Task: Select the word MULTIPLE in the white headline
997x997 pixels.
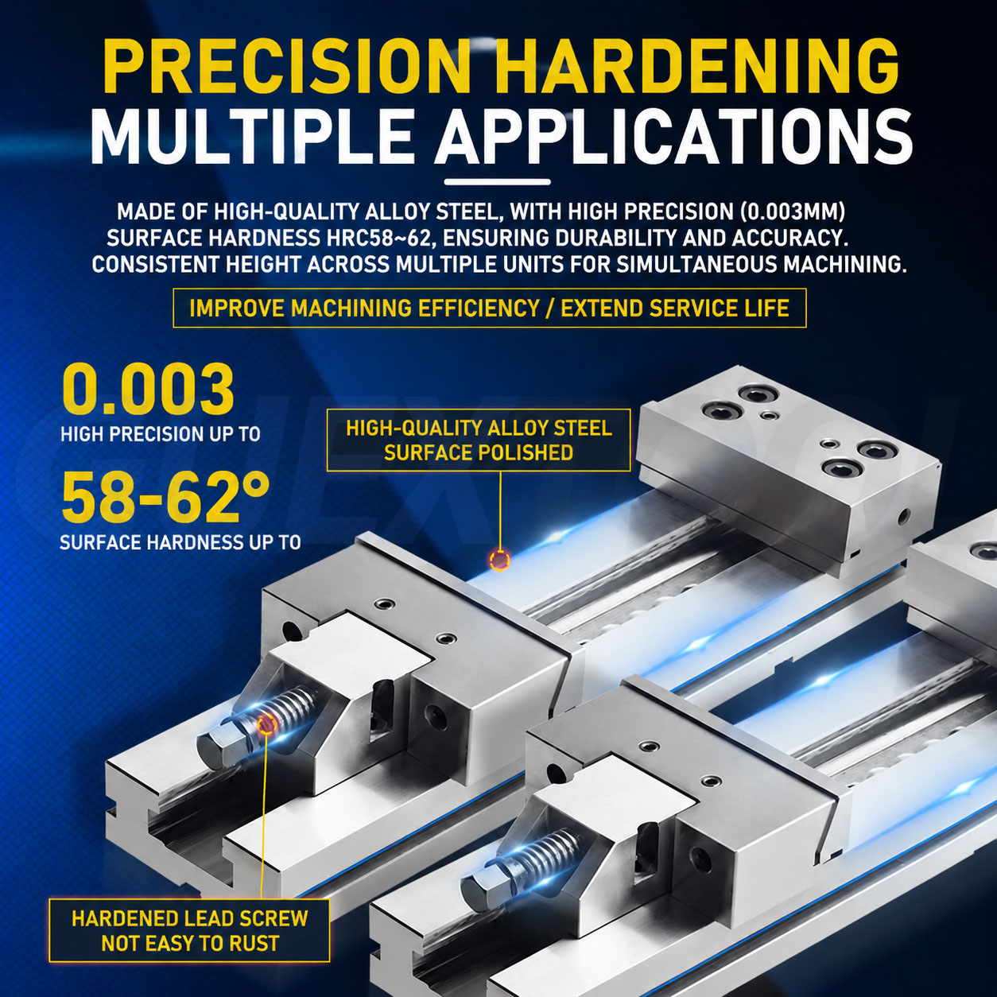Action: [x=251, y=135]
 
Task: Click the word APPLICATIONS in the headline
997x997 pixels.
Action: [x=673, y=135]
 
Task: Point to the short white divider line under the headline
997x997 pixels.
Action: [x=497, y=182]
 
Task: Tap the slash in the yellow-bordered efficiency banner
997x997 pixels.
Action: [x=550, y=308]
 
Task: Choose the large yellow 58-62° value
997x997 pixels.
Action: [x=165, y=497]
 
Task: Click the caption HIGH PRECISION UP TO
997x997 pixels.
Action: [x=161, y=433]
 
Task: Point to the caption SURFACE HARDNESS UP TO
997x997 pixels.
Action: [x=180, y=542]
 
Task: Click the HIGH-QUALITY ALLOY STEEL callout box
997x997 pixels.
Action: [x=479, y=440]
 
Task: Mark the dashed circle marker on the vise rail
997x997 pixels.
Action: [x=500, y=559]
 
